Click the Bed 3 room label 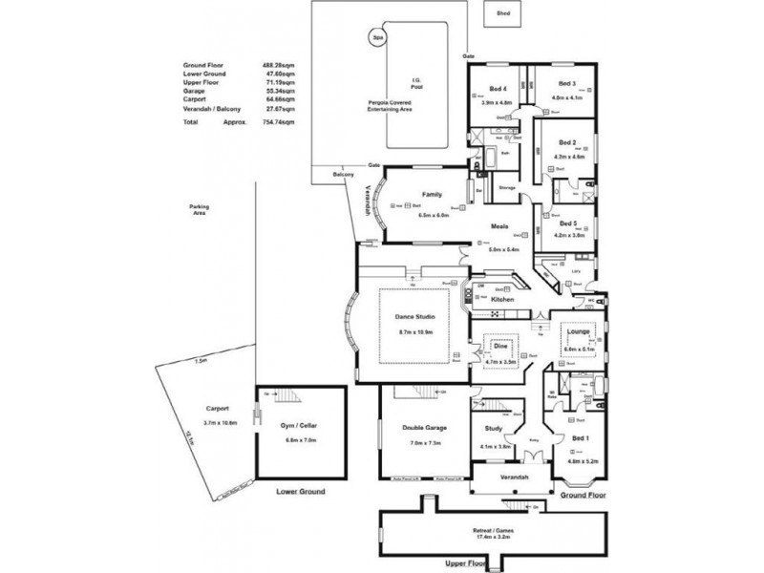pyautogui.click(x=568, y=84)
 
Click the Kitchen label pyautogui.click(x=502, y=300)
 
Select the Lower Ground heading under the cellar pyautogui.click(x=300, y=491)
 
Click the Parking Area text pyautogui.click(x=200, y=209)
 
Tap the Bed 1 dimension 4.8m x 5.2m pyautogui.click(x=581, y=460)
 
